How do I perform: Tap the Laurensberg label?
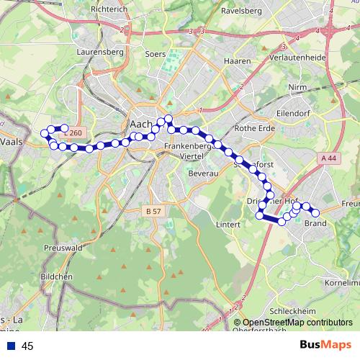click(x=97, y=52)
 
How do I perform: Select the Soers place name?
click(x=155, y=54)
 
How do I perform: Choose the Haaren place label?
click(x=237, y=62)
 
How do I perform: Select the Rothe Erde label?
click(x=252, y=128)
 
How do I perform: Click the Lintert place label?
click(x=228, y=225)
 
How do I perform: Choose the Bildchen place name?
click(x=56, y=276)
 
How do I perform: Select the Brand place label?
click(x=315, y=223)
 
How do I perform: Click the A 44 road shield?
click(x=329, y=158)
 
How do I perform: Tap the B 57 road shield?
click(x=153, y=212)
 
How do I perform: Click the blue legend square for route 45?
click(x=11, y=346)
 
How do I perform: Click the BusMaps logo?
click(x=325, y=346)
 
